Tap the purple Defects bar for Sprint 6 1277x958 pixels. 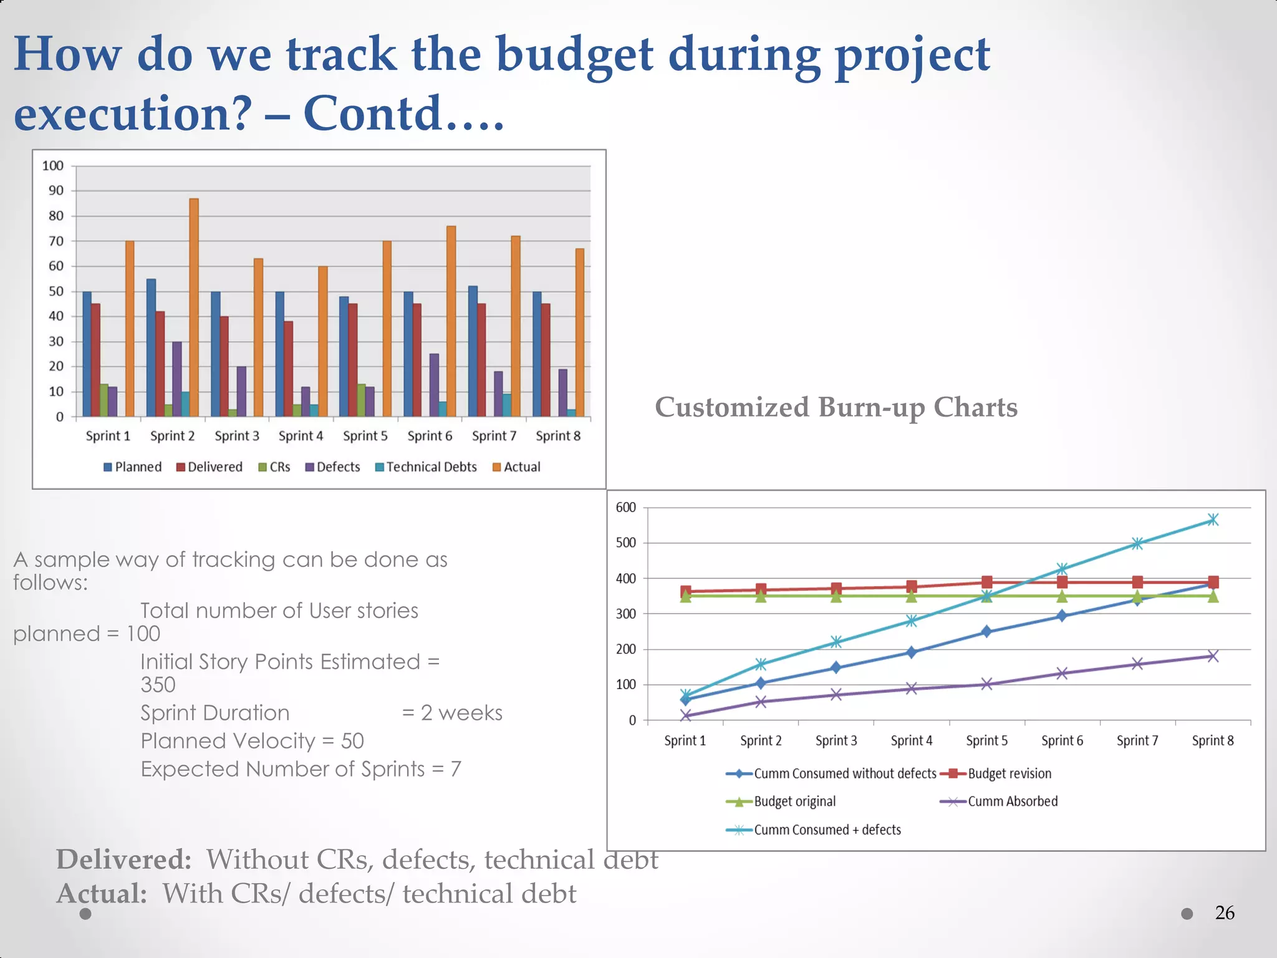coord(434,385)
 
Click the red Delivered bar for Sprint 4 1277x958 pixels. coord(289,369)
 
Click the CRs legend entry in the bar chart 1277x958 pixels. coord(274,467)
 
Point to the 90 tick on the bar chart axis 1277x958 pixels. coord(56,191)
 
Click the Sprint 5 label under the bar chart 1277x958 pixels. coord(365,436)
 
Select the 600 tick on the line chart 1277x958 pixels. coord(625,508)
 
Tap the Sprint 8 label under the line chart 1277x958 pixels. coord(1212,740)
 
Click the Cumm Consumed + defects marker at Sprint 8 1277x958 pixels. coord(1212,520)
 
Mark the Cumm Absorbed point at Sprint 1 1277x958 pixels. coord(685,715)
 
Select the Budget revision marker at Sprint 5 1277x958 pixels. coord(986,582)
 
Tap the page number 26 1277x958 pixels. coord(1224,913)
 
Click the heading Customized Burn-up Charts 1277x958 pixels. coord(836,407)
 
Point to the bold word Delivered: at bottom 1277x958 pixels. coord(123,859)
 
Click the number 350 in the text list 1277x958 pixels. coord(158,685)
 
